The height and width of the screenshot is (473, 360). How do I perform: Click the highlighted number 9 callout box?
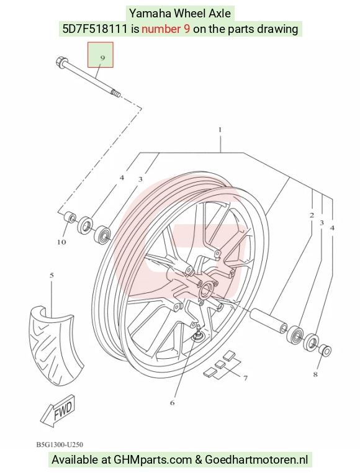point(101,55)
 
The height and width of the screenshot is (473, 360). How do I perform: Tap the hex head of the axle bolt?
point(60,62)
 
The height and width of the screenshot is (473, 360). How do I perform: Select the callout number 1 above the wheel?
point(220,130)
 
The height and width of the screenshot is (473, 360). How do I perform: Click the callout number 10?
point(61,242)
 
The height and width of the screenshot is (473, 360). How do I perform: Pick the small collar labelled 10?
point(70,217)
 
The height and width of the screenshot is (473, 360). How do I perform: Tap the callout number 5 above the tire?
point(52,275)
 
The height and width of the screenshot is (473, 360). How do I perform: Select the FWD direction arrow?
point(58,410)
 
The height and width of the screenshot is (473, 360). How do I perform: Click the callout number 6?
point(173,403)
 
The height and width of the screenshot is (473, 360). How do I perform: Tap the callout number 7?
point(245,377)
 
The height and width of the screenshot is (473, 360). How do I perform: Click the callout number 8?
point(315,374)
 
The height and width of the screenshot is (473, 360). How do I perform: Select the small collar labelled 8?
point(325,350)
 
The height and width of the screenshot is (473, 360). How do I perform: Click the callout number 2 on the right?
point(312,215)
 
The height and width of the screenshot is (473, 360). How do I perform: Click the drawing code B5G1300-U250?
point(60,444)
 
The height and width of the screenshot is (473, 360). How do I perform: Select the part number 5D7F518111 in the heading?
point(96,29)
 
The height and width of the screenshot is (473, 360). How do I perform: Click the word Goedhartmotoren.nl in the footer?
point(257,460)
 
